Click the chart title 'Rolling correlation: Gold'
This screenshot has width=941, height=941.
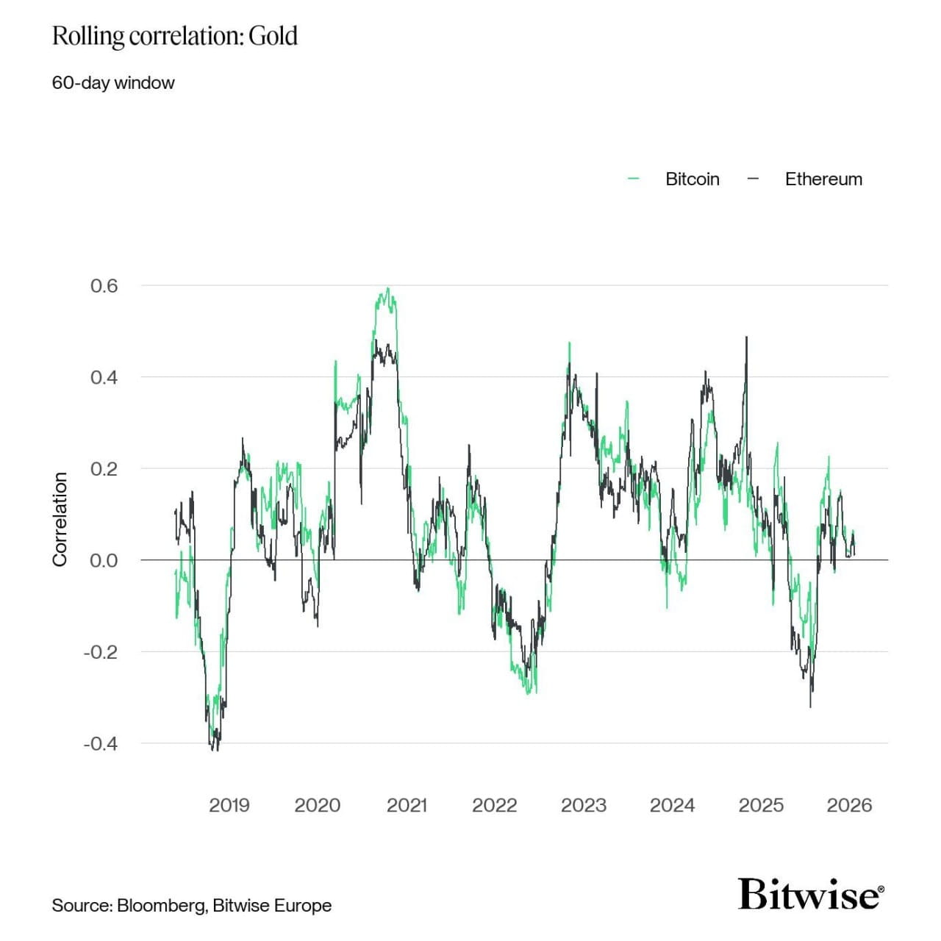174,36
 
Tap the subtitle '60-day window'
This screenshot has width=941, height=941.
113,83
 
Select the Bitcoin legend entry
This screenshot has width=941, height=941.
692,179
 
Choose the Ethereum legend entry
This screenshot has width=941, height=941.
823,179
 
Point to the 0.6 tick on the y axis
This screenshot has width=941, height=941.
104,286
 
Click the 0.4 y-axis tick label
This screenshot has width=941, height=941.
104,378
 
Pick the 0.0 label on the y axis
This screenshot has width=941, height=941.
104,561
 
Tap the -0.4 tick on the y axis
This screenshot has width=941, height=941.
101,744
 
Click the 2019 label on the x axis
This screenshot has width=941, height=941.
229,806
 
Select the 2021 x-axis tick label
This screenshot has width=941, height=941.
407,806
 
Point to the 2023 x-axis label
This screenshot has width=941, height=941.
584,806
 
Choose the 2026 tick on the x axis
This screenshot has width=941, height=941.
849,806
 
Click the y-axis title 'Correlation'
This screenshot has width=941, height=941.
60,519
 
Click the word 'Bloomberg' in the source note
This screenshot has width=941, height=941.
161,906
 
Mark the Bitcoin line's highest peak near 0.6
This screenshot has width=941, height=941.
387,289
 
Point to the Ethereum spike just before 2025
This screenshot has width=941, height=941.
747,337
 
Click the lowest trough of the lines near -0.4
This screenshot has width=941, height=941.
215,749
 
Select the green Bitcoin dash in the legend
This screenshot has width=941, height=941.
634,179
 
